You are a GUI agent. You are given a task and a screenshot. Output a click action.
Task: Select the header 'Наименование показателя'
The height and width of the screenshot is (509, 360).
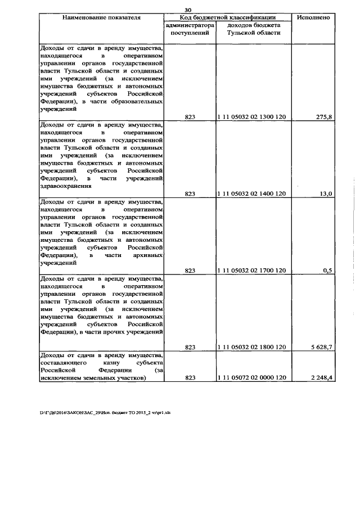point(101,18)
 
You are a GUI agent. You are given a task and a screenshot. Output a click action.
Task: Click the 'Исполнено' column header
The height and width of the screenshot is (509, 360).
point(316,18)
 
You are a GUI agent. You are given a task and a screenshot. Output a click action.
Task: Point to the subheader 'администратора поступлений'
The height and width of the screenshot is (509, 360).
point(190,29)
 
